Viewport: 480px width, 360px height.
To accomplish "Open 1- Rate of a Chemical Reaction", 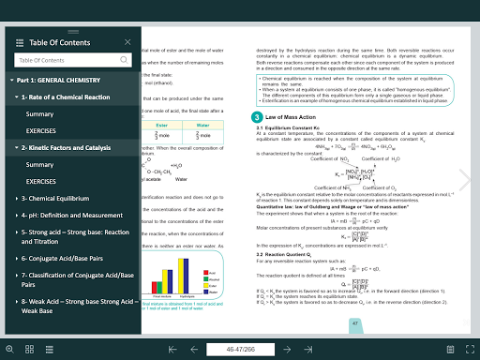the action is pyautogui.click(x=70, y=97).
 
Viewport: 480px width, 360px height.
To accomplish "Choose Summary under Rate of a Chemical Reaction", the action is pyautogui.click(x=40, y=113).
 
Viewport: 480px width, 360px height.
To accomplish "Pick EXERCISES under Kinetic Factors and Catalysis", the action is pyautogui.click(x=41, y=181).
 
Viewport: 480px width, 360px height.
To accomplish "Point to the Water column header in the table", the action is pyautogui.click(x=201, y=123).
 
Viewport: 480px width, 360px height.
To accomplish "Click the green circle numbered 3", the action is pyautogui.click(x=257, y=116).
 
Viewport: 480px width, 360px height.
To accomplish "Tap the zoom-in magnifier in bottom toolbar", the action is pyautogui.click(x=9, y=349).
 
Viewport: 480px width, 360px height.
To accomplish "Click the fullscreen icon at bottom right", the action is pyautogui.click(x=469, y=349).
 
